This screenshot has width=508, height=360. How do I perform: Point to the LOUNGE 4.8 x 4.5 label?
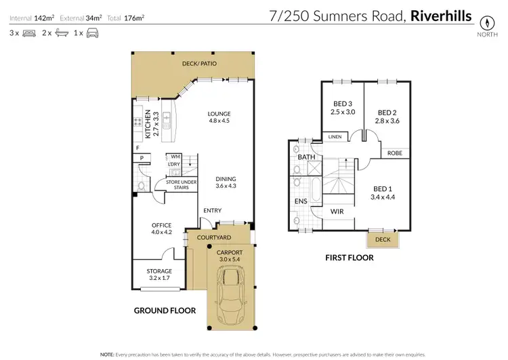coord(220,117)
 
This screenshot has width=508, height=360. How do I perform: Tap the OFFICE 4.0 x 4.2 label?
coord(161,229)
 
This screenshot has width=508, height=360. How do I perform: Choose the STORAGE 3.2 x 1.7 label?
coord(161,275)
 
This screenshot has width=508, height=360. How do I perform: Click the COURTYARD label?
coord(214,237)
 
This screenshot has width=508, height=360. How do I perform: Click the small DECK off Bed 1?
coord(383,239)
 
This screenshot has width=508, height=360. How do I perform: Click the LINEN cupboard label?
coord(335,137)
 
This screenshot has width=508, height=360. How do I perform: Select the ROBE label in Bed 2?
coord(394,153)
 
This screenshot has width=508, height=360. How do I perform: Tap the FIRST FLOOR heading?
coord(349,258)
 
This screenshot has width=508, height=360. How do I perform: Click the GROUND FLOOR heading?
coord(165,311)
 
